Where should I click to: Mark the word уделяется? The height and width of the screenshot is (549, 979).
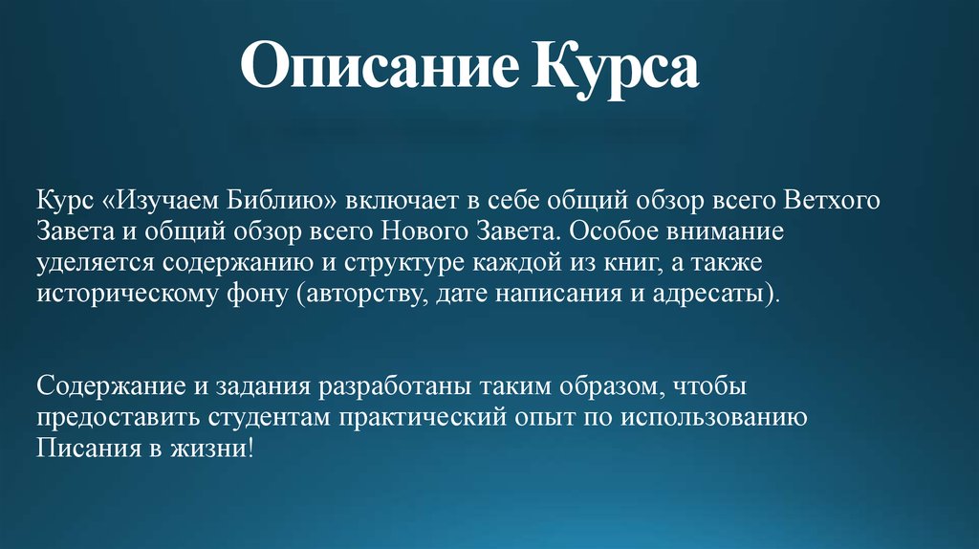pyautogui.click(x=95, y=263)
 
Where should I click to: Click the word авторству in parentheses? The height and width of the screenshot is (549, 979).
pyautogui.click(x=364, y=293)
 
